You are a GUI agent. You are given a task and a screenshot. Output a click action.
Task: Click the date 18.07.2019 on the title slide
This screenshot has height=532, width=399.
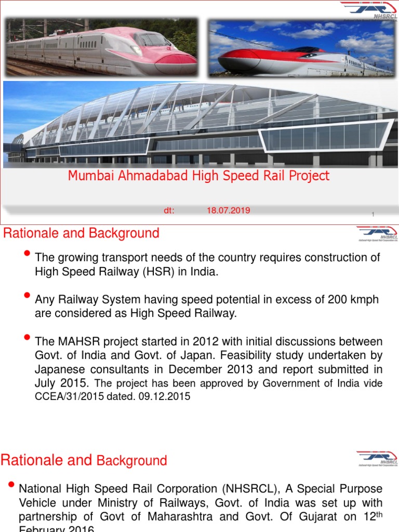(228, 210)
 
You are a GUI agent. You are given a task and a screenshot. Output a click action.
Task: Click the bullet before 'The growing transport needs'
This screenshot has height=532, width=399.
(28, 254)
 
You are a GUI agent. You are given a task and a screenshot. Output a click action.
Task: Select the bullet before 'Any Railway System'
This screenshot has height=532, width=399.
(28, 296)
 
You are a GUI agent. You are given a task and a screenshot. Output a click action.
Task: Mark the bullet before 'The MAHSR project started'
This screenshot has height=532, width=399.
(28, 338)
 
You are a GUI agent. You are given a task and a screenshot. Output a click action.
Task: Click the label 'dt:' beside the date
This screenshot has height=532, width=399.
(169, 210)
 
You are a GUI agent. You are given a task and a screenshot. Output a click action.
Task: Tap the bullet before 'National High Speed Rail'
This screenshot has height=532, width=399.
(11, 485)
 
